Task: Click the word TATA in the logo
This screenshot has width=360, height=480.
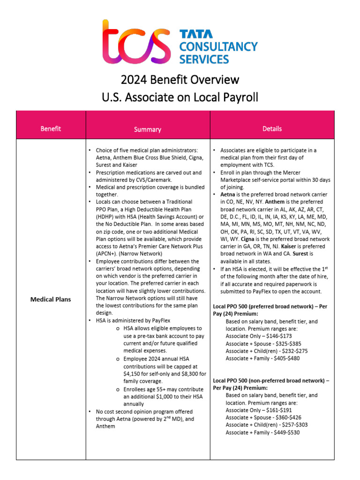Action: tap(196, 34)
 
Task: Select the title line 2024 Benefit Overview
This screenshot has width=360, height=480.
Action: tap(180, 79)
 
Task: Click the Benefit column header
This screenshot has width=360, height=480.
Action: tap(51, 128)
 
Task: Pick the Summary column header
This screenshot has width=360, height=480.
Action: tap(147, 129)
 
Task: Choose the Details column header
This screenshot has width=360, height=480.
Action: tap(272, 128)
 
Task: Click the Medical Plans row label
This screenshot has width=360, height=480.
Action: tap(51, 299)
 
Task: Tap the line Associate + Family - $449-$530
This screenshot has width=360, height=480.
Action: tap(262, 432)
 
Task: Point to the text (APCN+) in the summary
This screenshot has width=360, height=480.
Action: tap(107, 253)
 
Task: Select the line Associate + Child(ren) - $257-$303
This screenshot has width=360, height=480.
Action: tap(266, 425)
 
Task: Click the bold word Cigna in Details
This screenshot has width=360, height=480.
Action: tap(248, 239)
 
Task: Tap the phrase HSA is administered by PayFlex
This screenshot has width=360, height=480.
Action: tap(133, 320)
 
